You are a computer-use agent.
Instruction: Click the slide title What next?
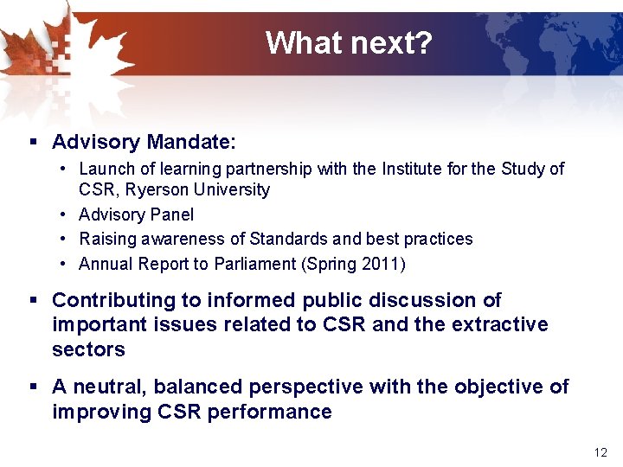click(x=348, y=42)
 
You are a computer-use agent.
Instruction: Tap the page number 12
click(x=601, y=452)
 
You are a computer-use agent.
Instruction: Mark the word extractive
click(x=498, y=325)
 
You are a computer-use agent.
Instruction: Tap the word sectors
click(x=88, y=349)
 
